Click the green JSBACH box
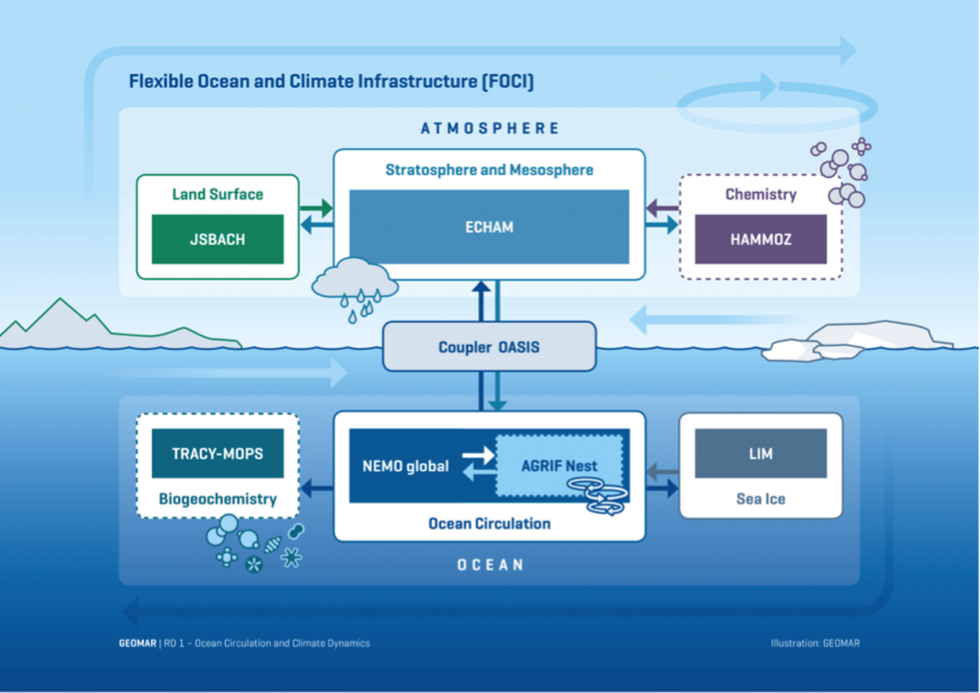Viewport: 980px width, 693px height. (x=218, y=239)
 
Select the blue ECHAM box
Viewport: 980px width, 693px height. (x=489, y=227)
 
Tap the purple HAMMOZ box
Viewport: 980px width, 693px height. (x=760, y=239)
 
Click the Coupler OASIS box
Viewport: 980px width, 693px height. (x=489, y=347)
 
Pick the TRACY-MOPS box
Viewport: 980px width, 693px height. (x=218, y=453)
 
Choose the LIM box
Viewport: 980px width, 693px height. (x=760, y=453)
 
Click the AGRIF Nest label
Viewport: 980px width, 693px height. (x=559, y=466)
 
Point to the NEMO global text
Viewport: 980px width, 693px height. (x=405, y=466)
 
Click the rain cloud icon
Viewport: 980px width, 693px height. (x=355, y=286)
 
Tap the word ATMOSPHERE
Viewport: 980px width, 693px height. (x=490, y=128)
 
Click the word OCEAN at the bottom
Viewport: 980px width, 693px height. (x=490, y=564)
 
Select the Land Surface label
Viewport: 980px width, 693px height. (x=217, y=194)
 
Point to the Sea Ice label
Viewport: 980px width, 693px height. (x=760, y=499)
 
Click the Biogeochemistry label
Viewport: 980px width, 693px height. (x=217, y=499)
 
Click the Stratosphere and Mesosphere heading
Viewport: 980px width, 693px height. (x=489, y=170)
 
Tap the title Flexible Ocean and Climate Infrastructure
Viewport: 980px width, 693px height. (x=331, y=82)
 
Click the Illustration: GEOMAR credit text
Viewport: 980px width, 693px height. (x=814, y=643)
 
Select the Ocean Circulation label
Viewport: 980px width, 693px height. (x=489, y=523)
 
